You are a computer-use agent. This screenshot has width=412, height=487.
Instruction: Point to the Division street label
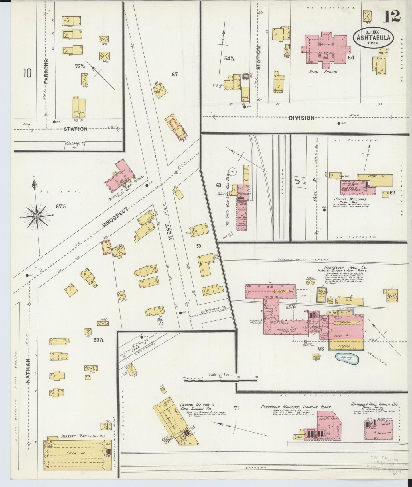click(301, 118)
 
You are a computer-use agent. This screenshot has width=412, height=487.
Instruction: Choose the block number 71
click(236, 408)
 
